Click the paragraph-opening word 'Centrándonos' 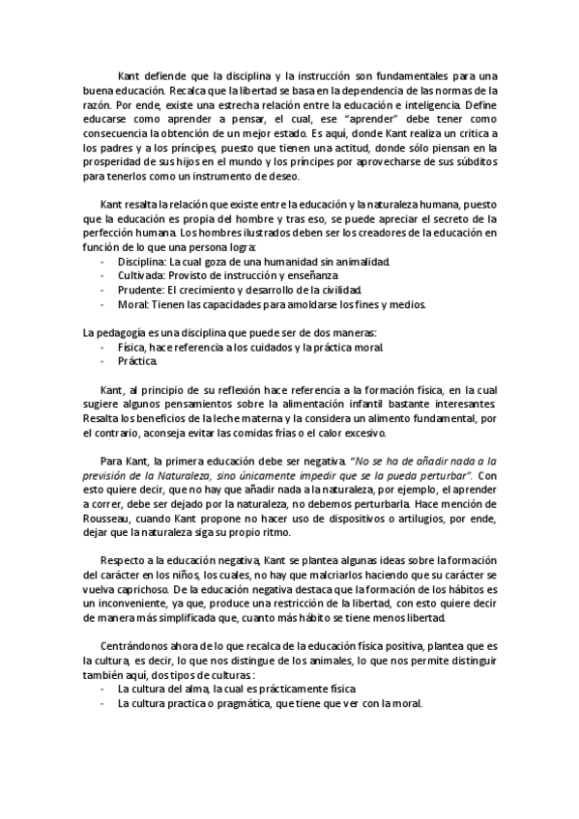coord(134,645)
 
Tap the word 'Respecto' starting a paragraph coord(125,561)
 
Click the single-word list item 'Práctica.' coord(137,360)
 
